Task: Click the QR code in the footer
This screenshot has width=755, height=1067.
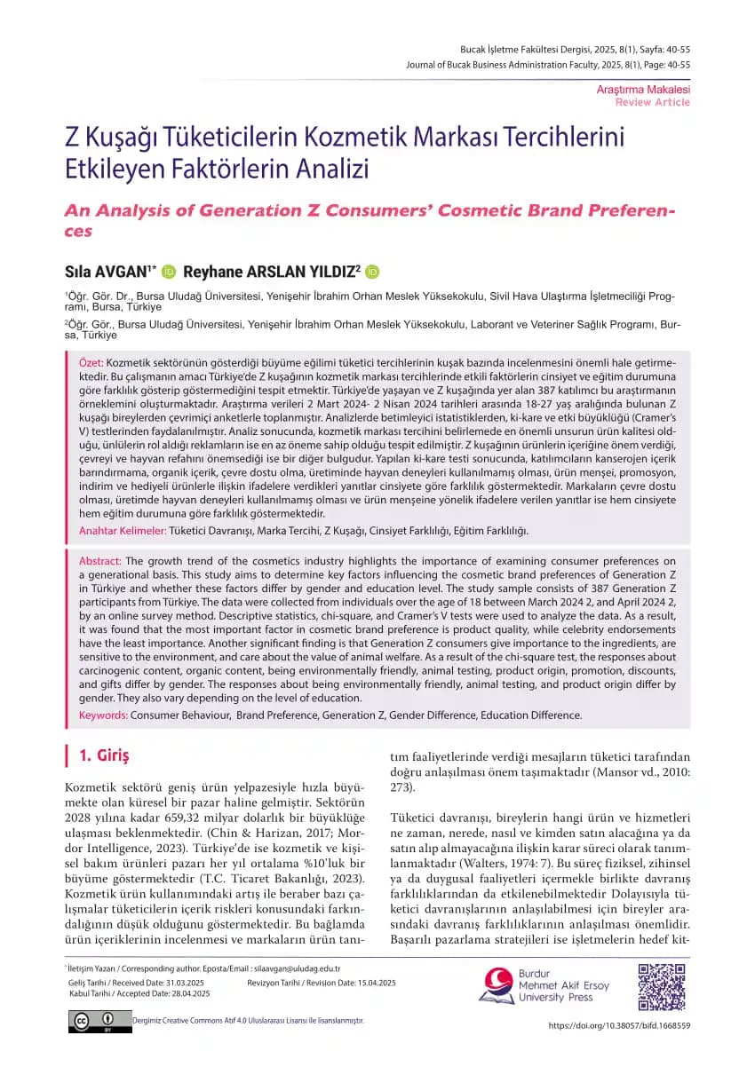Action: (x=663, y=984)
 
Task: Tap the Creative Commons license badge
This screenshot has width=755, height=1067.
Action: (x=98, y=1022)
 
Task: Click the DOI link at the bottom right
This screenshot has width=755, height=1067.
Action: (x=619, y=1025)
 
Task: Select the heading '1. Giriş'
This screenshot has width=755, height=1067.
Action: (x=104, y=756)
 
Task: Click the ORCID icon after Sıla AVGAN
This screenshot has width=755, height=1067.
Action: (x=169, y=271)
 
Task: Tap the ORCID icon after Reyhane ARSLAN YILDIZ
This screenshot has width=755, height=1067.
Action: (x=372, y=271)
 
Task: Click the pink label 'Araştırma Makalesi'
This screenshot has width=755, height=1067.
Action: (x=643, y=90)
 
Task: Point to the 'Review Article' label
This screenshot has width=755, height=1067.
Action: (x=652, y=102)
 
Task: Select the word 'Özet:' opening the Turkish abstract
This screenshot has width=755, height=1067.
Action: (x=91, y=364)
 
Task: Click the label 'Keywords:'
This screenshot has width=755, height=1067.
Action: (x=106, y=715)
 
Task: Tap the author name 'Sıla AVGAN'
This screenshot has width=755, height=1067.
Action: (x=108, y=271)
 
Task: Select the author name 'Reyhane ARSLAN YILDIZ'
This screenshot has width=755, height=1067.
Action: (x=270, y=271)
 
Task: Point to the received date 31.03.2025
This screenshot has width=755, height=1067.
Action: (x=192, y=984)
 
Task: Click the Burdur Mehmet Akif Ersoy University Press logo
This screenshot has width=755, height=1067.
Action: (x=544, y=984)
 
